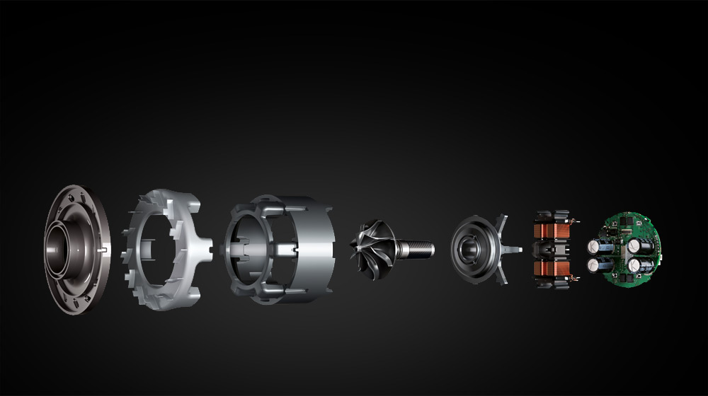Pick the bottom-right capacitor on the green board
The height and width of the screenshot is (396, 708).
pyautogui.click(x=635, y=267)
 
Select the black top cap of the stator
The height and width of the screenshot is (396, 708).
pyautogui.click(x=552, y=214)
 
